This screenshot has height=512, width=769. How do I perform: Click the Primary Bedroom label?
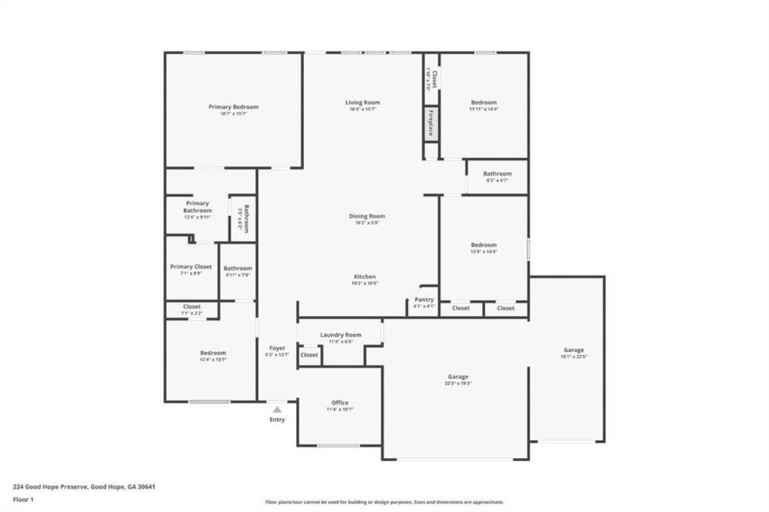pyautogui.click(x=234, y=107)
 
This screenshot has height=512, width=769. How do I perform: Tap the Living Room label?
pyautogui.click(x=363, y=103)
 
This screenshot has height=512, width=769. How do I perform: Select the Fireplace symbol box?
pyautogui.click(x=431, y=124)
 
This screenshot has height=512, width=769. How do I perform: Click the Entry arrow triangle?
pyautogui.click(x=277, y=409)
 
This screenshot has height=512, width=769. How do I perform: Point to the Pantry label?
pyautogui.click(x=424, y=300)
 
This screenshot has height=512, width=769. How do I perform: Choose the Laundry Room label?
pyautogui.click(x=340, y=335)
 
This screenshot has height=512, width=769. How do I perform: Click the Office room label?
pyautogui.click(x=340, y=402)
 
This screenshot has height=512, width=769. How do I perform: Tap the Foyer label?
pyautogui.click(x=277, y=348)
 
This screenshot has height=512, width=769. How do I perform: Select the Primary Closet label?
pyautogui.click(x=191, y=267)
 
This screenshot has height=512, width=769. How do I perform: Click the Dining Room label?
pyautogui.click(x=367, y=216)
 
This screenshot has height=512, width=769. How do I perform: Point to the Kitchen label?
pyautogui.click(x=364, y=276)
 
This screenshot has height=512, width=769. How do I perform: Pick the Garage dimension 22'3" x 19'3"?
pyautogui.click(x=458, y=384)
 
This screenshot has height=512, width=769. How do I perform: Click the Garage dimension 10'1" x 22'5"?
pyautogui.click(x=574, y=357)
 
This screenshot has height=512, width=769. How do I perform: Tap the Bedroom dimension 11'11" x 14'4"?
pyautogui.click(x=484, y=110)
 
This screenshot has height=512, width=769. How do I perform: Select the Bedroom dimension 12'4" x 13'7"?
pyautogui.click(x=213, y=360)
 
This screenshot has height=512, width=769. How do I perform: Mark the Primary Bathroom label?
pyautogui.click(x=198, y=207)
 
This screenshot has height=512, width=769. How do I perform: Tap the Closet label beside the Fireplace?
pyautogui.click(x=433, y=80)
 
